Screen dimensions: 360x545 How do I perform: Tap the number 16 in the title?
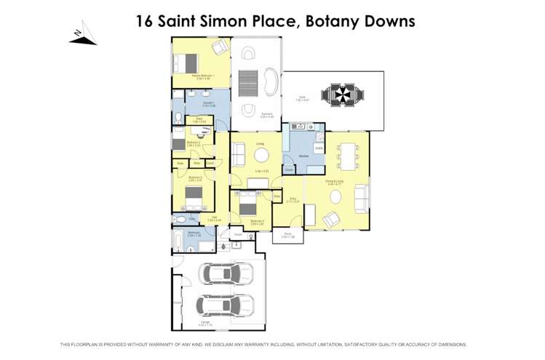(145, 21)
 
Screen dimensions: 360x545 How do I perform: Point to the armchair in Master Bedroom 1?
(219, 47)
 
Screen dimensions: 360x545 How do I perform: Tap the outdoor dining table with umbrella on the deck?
(341, 95)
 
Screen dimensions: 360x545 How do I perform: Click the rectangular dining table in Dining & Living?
(347, 156)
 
